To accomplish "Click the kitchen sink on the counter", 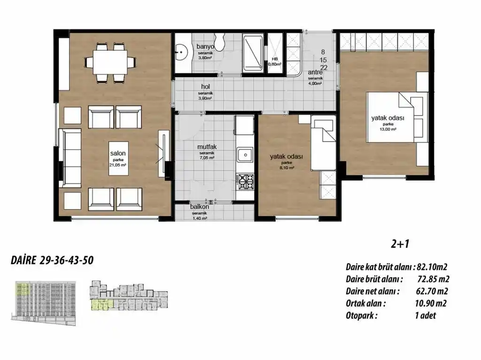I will click(x=244, y=155).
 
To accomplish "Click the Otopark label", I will click(x=361, y=315).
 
